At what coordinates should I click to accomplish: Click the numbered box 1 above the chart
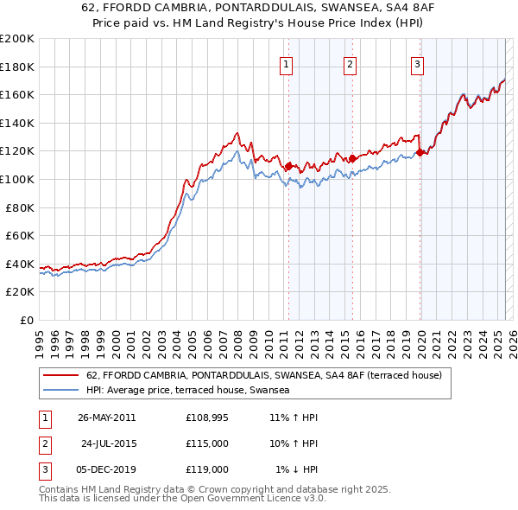(x=286, y=63)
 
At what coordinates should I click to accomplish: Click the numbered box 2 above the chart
(x=351, y=63)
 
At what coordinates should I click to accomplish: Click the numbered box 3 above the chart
(x=417, y=63)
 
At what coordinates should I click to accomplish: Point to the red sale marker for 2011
(x=288, y=166)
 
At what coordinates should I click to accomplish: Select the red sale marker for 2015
(x=352, y=158)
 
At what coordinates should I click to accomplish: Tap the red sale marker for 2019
(x=420, y=153)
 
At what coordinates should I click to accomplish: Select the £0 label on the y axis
(x=28, y=321)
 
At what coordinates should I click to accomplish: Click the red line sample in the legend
(x=60, y=375)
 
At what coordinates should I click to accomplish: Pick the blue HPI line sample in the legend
(x=60, y=390)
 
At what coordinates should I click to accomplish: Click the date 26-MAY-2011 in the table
(x=107, y=418)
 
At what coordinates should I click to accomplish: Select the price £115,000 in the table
(x=207, y=443)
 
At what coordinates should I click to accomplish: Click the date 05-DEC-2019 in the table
(x=106, y=469)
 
